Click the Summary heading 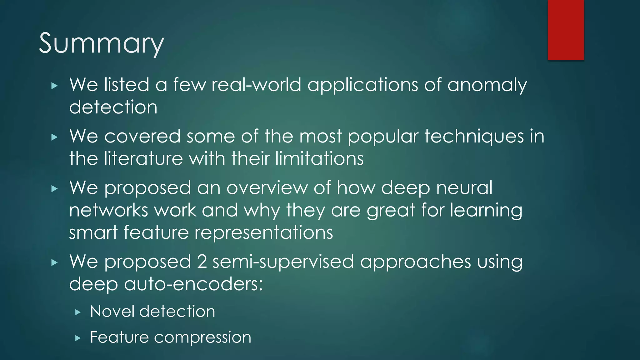101,43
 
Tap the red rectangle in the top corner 566,30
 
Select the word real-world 256,85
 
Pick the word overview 267,188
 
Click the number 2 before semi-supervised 202,262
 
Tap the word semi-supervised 283,262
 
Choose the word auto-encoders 193,284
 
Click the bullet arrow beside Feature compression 78,338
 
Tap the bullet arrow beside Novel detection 78,312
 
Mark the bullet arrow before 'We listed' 54,86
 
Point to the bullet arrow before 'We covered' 54,137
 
